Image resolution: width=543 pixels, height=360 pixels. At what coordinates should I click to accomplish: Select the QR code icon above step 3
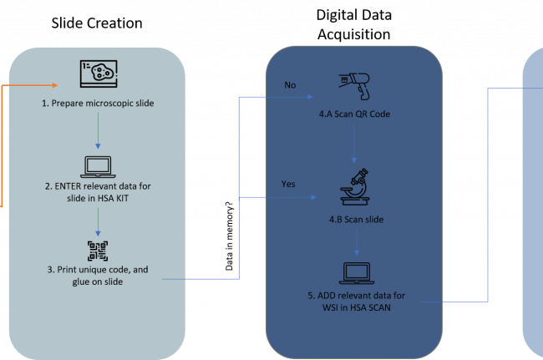click(98, 250)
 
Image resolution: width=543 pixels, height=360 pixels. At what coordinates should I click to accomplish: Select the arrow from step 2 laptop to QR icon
click(98, 221)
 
